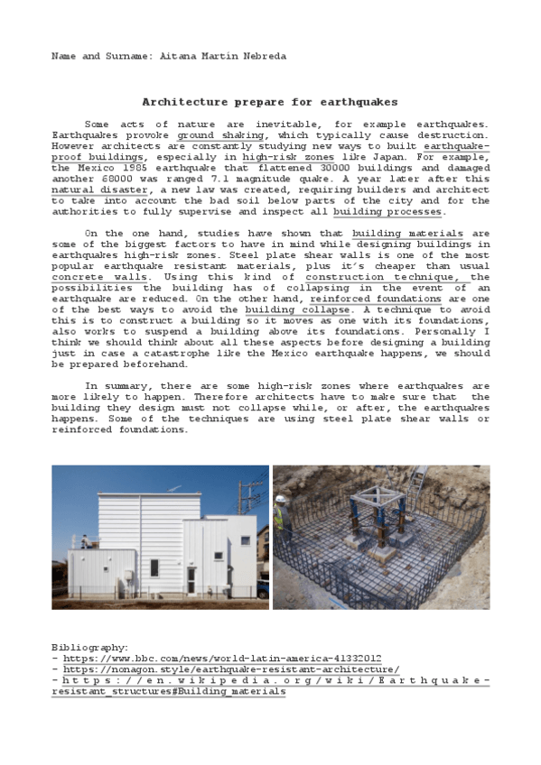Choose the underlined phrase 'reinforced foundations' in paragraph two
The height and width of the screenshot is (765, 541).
coord(375,298)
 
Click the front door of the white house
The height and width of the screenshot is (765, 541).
coord(191,576)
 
